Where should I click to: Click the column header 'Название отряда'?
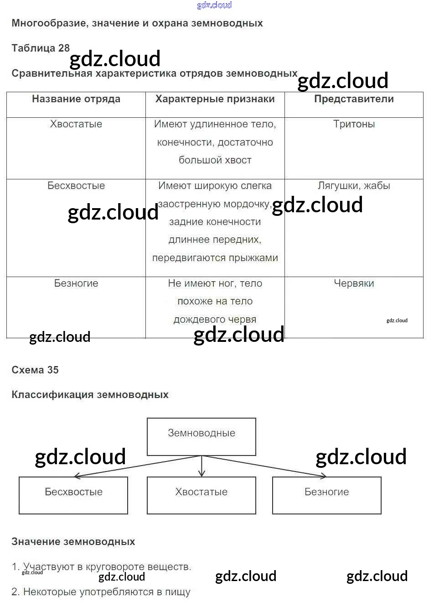(76, 99)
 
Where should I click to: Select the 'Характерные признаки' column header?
(215, 99)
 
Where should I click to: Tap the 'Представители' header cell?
(354, 99)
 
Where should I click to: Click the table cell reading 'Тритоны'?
(354, 124)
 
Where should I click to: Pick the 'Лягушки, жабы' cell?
(354, 186)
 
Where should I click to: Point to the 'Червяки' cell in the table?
(354, 283)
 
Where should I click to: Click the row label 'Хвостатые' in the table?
(76, 124)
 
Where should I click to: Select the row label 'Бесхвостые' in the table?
(76, 186)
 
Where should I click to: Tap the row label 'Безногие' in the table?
(76, 283)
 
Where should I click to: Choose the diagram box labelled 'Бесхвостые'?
(73, 495)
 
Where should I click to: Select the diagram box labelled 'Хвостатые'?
(202, 495)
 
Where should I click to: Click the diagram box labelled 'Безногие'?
(326, 495)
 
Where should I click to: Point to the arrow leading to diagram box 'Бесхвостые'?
(137, 466)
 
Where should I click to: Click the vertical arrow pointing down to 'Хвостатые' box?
(202, 466)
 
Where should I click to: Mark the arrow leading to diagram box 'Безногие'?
(264, 466)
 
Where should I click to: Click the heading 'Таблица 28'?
(41, 48)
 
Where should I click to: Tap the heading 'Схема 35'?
(35, 370)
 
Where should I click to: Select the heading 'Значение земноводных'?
(73, 542)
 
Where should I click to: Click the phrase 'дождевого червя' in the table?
(215, 320)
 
